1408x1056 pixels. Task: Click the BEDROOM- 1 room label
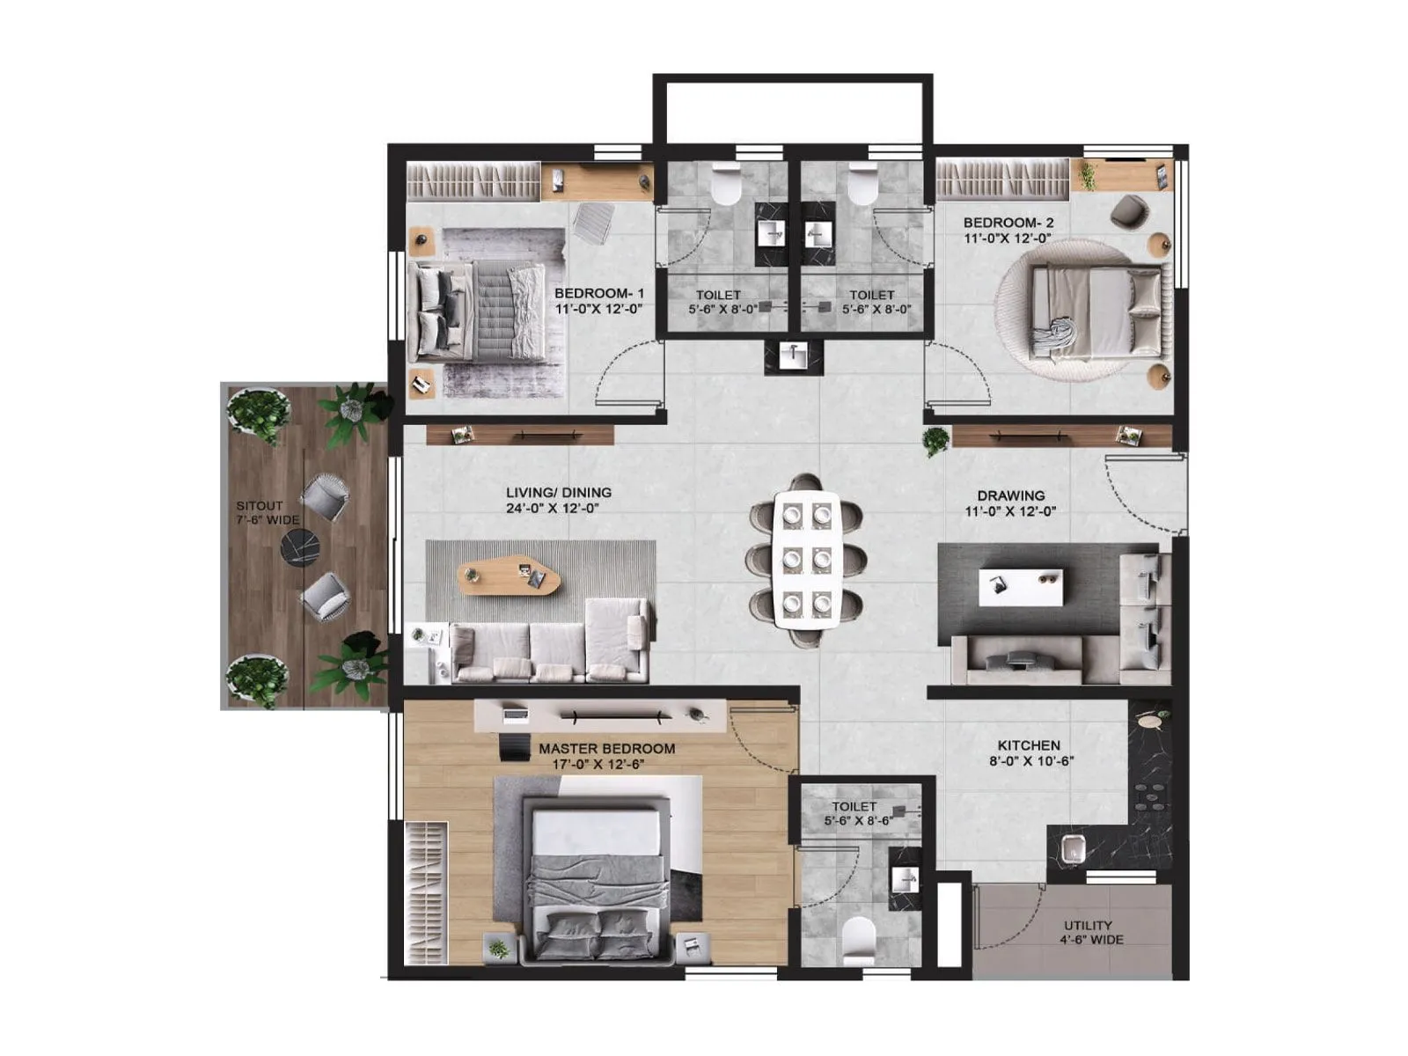pos(598,301)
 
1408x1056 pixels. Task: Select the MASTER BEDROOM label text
pos(606,756)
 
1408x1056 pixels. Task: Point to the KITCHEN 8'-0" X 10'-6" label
pos(1030,753)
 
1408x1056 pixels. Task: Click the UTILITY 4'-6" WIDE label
pos(1089,933)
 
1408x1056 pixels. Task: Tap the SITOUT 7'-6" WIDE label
pos(266,513)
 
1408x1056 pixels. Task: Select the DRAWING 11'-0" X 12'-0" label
pos(1010,502)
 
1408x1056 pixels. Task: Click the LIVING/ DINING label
pos(558,500)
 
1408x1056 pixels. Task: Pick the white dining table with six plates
pos(806,560)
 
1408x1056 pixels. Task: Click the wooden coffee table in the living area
pos(509,576)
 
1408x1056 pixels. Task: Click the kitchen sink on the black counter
pos(1071,851)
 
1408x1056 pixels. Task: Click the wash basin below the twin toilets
pos(794,357)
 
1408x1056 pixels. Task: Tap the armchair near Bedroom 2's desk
pos(1127,212)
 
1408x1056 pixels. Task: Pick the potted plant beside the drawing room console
pos(935,439)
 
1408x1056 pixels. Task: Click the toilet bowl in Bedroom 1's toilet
pos(727,186)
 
